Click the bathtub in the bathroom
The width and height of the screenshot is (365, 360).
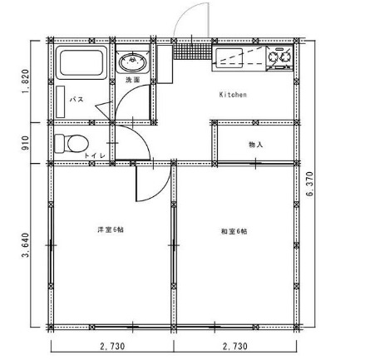(x=80, y=62)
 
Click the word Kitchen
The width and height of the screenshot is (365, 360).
(x=233, y=95)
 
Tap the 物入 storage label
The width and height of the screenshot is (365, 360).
(x=255, y=145)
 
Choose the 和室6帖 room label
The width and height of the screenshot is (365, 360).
(x=234, y=230)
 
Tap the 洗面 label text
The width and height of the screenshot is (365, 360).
(x=132, y=81)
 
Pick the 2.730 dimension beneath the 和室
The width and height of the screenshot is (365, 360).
(x=235, y=348)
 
